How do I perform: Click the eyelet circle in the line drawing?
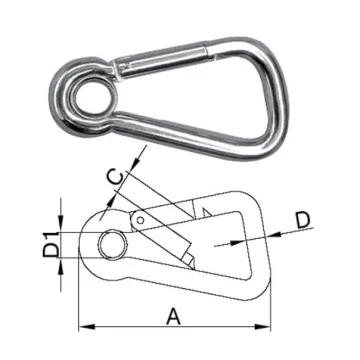tap(112, 243)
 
